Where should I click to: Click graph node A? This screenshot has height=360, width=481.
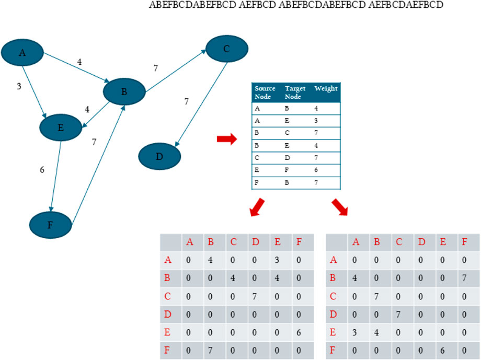22,52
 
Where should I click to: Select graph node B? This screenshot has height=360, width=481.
124,92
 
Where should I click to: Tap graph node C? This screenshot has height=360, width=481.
226,49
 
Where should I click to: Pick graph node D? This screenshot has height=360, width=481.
159,156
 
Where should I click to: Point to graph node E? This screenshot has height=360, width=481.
61,126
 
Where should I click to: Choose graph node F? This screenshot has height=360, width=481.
51,224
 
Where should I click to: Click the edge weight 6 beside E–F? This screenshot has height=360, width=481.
42,170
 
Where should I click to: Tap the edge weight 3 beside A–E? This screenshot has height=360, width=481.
19,86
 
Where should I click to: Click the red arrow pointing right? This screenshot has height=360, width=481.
226,139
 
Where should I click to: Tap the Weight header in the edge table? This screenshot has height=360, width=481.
326,88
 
